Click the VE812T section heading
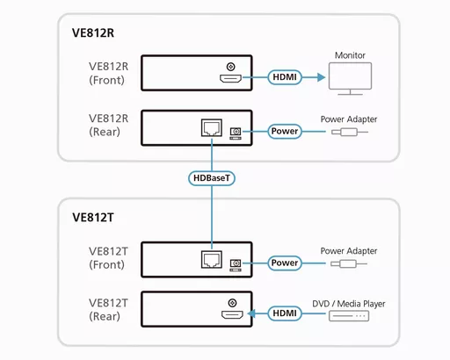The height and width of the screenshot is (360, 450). coord(93,217)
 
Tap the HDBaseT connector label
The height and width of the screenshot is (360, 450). coord(212,178)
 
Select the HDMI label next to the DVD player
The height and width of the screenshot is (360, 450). coord(284,312)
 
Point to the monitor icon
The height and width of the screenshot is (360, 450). coord(350,80)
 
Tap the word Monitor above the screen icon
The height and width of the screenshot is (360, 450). coord(350,55)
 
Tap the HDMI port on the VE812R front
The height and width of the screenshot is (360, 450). coord(231,79)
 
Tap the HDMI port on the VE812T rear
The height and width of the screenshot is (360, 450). coord(231,313)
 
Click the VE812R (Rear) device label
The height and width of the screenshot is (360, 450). coord(109,125)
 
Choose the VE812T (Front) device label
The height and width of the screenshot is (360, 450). coord(109,256)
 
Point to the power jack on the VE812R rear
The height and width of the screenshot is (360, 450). coord(235,133)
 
